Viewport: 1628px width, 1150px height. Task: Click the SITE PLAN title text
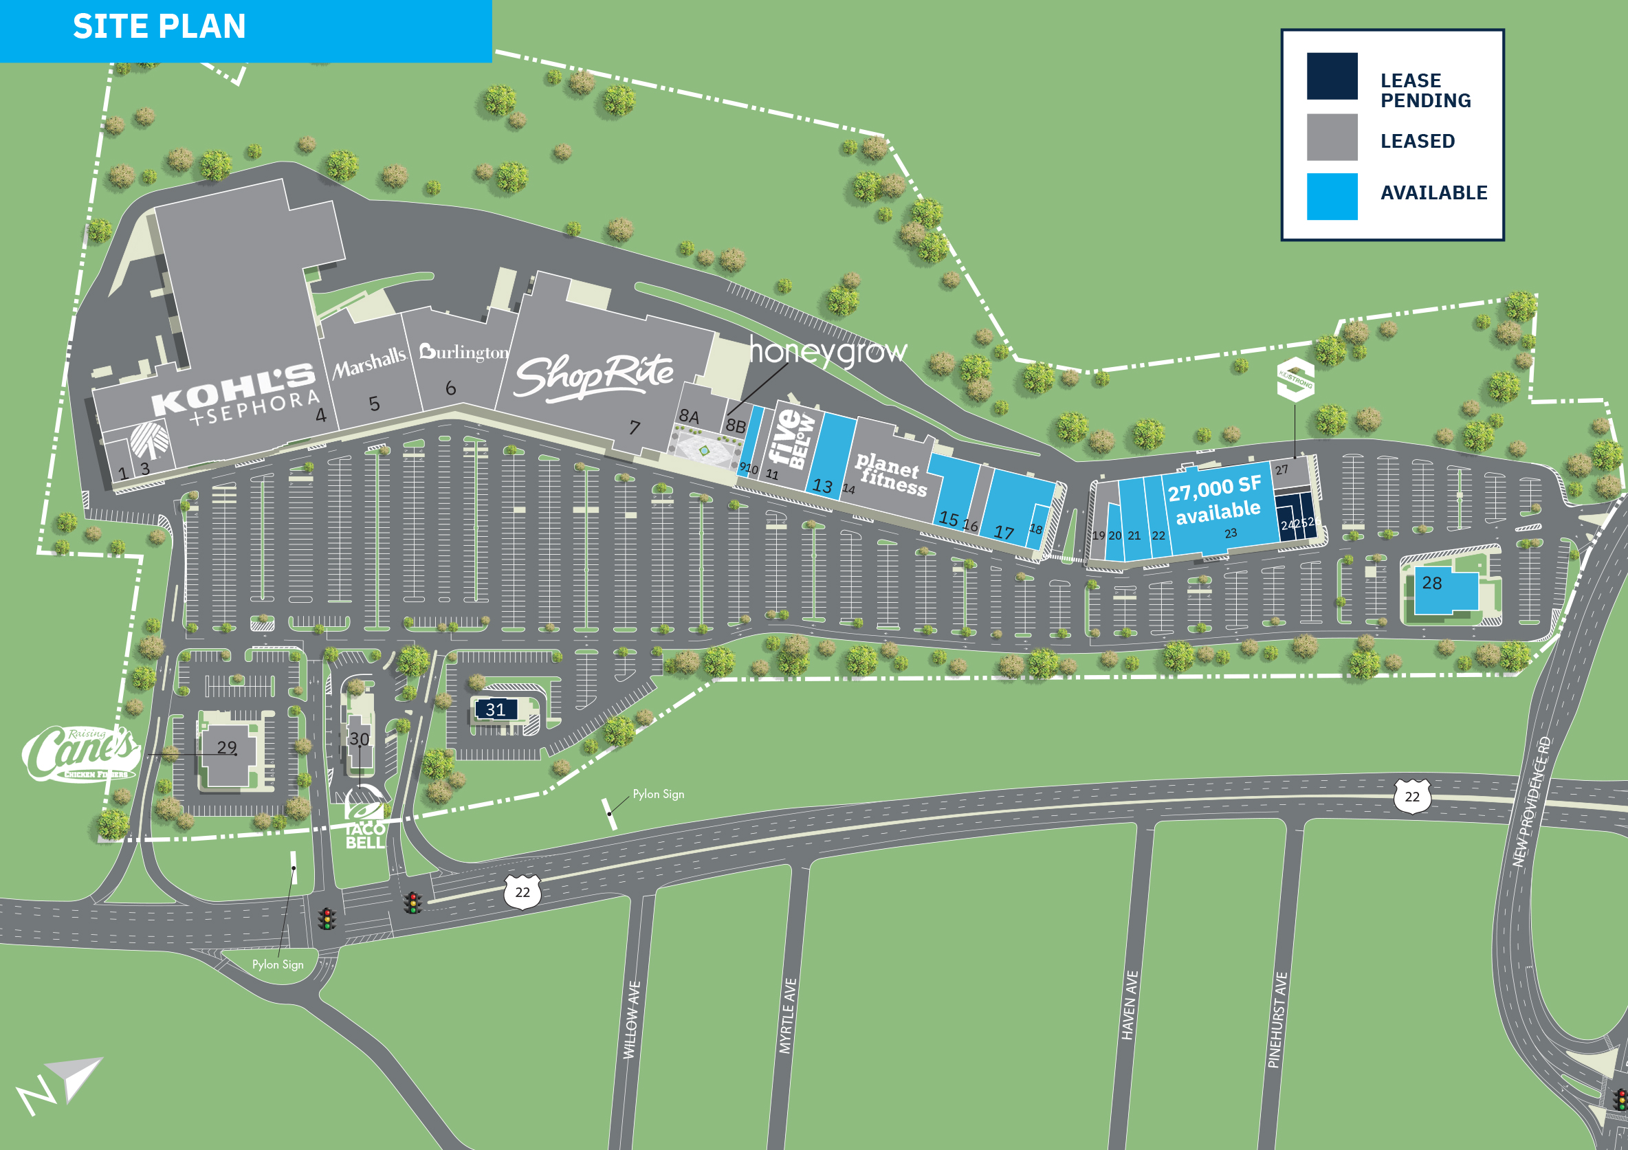pyautogui.click(x=159, y=27)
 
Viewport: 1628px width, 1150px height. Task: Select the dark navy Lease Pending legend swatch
pyautogui.click(x=1332, y=76)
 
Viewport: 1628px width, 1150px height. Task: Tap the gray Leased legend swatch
pyautogui.click(x=1332, y=137)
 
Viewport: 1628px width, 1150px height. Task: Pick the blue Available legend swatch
pyautogui.click(x=1332, y=197)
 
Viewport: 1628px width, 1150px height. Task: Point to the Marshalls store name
pyautogui.click(x=369, y=362)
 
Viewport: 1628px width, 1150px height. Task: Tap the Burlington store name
pyautogui.click(x=465, y=353)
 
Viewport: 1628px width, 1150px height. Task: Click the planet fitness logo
pyautogui.click(x=890, y=474)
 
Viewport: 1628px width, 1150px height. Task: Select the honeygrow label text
pyautogui.click(x=828, y=352)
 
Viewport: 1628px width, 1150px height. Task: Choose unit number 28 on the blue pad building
pyautogui.click(x=1431, y=583)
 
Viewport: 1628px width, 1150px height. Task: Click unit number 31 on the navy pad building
pyautogui.click(x=496, y=709)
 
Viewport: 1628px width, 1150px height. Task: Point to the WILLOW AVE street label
pyautogui.click(x=632, y=1020)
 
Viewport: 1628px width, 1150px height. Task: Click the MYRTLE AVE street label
pyautogui.click(x=788, y=1016)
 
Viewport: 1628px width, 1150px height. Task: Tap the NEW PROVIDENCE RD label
pyautogui.click(x=1532, y=802)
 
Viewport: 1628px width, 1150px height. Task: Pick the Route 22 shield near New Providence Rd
pyautogui.click(x=1411, y=796)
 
